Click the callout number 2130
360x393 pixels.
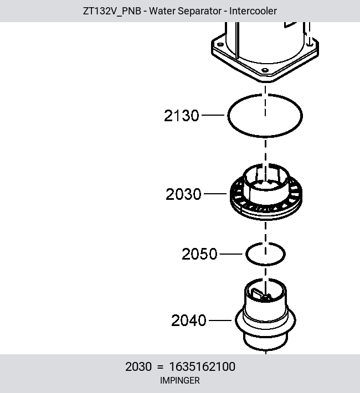point(181,116)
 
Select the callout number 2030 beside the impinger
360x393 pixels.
point(183,194)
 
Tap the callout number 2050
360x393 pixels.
point(199,254)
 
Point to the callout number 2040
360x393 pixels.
point(189,320)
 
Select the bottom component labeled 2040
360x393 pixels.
point(265,316)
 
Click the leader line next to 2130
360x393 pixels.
point(213,115)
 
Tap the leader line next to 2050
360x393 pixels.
point(231,254)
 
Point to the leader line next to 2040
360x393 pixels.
point(220,320)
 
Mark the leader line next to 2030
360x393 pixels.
point(215,194)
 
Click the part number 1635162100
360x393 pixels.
point(202,366)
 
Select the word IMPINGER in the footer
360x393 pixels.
point(180,380)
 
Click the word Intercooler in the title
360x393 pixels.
point(253,11)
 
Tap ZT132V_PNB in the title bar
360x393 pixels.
point(112,11)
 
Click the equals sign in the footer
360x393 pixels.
point(160,367)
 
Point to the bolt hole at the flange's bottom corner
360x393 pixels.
point(265,70)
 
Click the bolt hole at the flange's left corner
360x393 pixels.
point(220,44)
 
